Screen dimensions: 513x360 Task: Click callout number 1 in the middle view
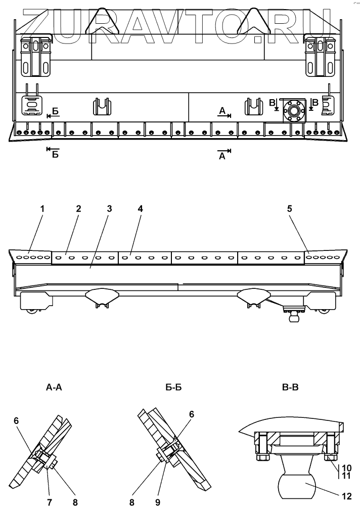[x=42, y=208]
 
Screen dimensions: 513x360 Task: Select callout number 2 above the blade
[x=78, y=208]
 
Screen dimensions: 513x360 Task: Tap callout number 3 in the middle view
[x=109, y=208]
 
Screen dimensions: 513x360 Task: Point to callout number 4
[x=140, y=208]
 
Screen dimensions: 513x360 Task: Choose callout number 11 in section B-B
[x=346, y=476]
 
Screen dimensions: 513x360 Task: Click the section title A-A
[x=54, y=388]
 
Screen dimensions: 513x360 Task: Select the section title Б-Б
[x=173, y=388]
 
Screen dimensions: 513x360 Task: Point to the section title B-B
[x=290, y=388]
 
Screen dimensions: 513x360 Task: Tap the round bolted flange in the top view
[x=293, y=109]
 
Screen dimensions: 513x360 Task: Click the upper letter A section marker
[x=222, y=110]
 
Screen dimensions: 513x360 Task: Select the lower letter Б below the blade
[x=55, y=154]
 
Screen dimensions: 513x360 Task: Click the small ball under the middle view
[x=293, y=318]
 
